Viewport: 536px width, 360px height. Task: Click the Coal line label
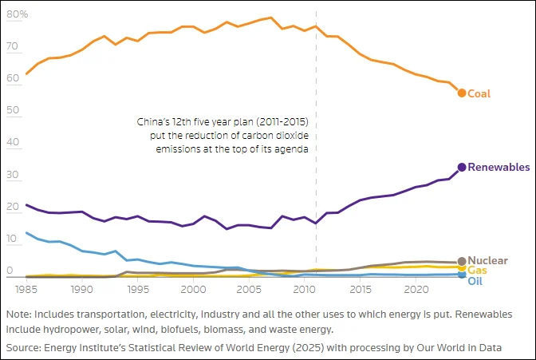pyautogui.click(x=479, y=93)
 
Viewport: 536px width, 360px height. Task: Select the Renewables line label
pyautogui.click(x=499, y=168)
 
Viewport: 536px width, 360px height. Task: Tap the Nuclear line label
pyautogui.click(x=487, y=261)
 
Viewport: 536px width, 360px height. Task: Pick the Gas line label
pyautogui.click(x=476, y=271)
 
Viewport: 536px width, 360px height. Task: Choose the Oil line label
pyautogui.click(x=475, y=282)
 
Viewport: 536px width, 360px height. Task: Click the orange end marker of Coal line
pyautogui.click(x=462, y=93)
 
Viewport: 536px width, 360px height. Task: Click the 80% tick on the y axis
pyautogui.click(x=18, y=15)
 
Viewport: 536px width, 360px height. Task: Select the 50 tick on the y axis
pyautogui.click(x=14, y=111)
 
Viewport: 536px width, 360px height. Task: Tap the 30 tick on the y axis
pyautogui.click(x=14, y=175)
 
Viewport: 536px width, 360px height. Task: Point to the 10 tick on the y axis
pyautogui.click(x=13, y=239)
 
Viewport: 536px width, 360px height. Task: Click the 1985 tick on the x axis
pyautogui.click(x=27, y=288)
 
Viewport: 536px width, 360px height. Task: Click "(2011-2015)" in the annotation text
pyautogui.click(x=279, y=123)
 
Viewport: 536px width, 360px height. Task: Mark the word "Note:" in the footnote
pyautogui.click(x=20, y=315)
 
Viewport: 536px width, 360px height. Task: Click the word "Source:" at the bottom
pyautogui.click(x=26, y=348)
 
